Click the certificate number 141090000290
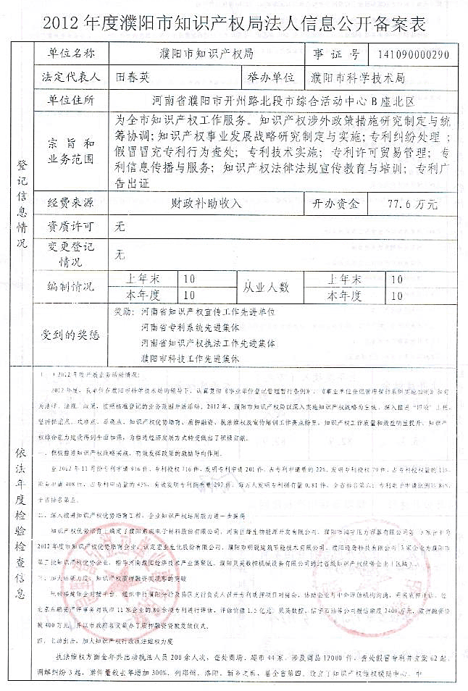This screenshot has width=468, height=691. pos(413,54)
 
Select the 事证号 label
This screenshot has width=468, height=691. pos(336,54)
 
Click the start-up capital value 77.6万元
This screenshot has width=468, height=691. pos(412,204)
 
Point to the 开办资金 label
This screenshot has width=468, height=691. pos(334,204)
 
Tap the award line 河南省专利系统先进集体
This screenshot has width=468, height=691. pos(190,327)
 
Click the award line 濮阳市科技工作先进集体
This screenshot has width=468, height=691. pos(190,357)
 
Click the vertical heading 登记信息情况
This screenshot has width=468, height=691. pos(20,204)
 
